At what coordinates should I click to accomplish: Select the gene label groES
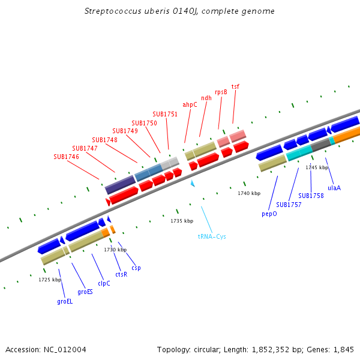[x=85, y=292]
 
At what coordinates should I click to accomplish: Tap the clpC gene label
[x=104, y=284]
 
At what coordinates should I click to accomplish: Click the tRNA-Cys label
[x=212, y=236]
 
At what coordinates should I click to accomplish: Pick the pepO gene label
[x=269, y=213]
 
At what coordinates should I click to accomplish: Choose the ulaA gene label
[x=334, y=188]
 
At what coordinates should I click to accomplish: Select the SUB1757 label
[x=289, y=205]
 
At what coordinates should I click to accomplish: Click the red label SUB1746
[x=66, y=157]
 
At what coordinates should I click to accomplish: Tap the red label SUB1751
[x=165, y=114]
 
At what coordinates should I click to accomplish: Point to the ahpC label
[x=190, y=104]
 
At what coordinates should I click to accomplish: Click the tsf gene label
[x=235, y=87]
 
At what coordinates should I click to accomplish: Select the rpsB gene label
[x=221, y=92]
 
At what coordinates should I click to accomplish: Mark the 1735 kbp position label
[x=182, y=221]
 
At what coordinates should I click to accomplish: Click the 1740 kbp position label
[x=249, y=193]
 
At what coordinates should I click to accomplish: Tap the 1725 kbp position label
[x=50, y=280]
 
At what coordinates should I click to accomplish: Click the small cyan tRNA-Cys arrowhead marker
[x=193, y=183]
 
